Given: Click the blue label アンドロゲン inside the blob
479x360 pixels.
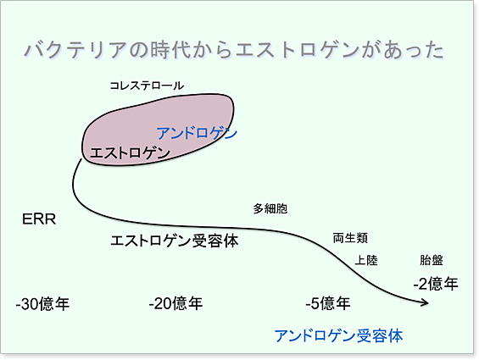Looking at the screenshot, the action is pyautogui.click(x=197, y=134).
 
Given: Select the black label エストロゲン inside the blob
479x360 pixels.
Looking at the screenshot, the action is pyautogui.click(x=130, y=152).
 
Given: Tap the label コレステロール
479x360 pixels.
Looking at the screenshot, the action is pyautogui.click(x=147, y=86).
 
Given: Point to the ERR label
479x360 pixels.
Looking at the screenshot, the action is pyautogui.click(x=39, y=219).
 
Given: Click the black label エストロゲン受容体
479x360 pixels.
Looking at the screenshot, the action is pyautogui.click(x=174, y=241).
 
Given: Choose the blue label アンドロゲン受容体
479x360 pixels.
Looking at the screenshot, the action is pyautogui.click(x=338, y=336).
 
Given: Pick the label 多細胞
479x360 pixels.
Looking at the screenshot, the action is pyautogui.click(x=270, y=209).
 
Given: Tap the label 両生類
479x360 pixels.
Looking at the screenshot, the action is pyautogui.click(x=350, y=238).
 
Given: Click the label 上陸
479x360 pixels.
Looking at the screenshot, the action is pyautogui.click(x=366, y=260).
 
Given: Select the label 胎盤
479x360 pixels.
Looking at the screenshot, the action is pyautogui.click(x=432, y=260).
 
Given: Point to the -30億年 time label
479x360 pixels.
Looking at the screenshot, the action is pyautogui.click(x=42, y=304).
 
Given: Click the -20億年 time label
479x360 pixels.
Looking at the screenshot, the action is pyautogui.click(x=175, y=303).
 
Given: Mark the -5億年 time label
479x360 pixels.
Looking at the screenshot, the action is pyautogui.click(x=328, y=303).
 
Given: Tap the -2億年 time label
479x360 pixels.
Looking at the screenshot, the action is pyautogui.click(x=436, y=284).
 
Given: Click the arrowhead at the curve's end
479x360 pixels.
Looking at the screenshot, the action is pyautogui.click(x=426, y=303).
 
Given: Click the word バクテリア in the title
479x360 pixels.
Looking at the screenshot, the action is pyautogui.click(x=75, y=50).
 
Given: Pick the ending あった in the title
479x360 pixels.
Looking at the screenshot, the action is pyautogui.click(x=414, y=50).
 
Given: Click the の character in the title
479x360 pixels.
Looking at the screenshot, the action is pyautogui.click(x=139, y=50).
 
